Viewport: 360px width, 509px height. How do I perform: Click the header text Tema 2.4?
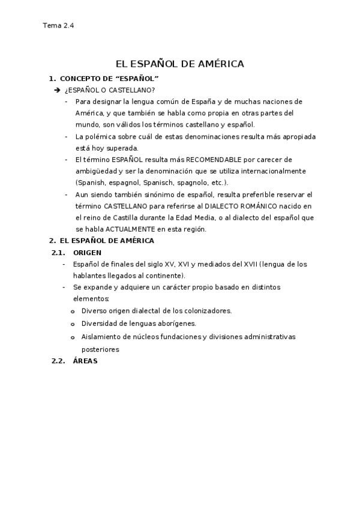tap(58, 26)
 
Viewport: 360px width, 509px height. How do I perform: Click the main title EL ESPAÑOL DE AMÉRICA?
tap(179, 64)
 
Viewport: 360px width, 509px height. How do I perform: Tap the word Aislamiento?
tap(101, 337)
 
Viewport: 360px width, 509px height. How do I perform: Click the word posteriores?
tap(100, 349)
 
